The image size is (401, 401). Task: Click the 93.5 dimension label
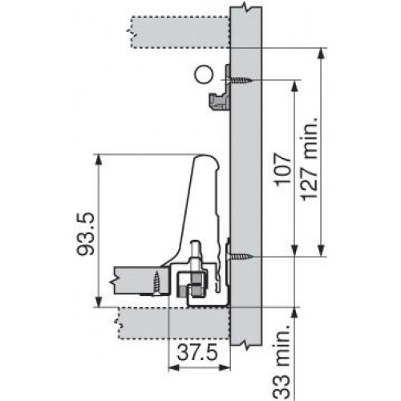click(86, 233)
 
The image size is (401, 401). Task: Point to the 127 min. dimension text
click(310, 158)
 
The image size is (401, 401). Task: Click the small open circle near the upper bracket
click(204, 75)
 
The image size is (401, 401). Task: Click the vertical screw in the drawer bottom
click(156, 283)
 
